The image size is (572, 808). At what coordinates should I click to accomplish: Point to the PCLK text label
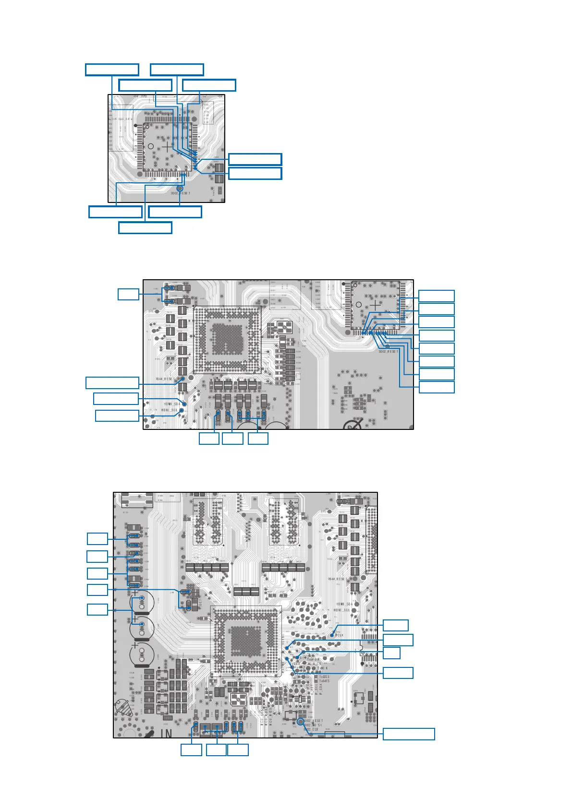[x=339, y=635]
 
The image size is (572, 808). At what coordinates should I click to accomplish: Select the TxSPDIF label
[x=313, y=660]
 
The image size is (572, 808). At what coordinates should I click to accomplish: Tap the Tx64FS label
[x=324, y=681]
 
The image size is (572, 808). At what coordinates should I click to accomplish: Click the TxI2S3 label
[x=324, y=677]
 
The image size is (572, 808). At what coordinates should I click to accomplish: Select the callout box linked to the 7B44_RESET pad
[x=112, y=382]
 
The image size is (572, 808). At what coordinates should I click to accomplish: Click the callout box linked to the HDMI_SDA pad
[x=116, y=399]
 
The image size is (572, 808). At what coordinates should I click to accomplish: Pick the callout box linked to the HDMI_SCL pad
[x=117, y=416]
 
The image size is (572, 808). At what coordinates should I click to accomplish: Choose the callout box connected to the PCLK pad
[x=396, y=625]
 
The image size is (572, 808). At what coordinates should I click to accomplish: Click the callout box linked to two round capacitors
[x=97, y=609]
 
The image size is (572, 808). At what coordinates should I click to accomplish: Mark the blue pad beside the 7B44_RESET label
[x=183, y=379]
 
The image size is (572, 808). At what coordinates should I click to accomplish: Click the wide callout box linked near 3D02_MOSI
[x=409, y=734]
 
